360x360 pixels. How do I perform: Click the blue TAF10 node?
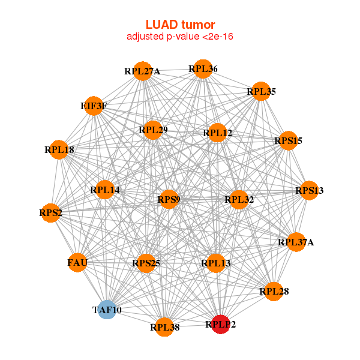click(107, 310)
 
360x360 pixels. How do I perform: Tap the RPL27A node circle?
click(142, 71)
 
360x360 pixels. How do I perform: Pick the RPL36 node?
click(203, 69)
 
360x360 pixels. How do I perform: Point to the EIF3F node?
click(94, 106)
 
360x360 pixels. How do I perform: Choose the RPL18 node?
click(59, 149)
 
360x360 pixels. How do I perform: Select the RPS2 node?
click(50, 212)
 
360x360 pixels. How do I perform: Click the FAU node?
click(77, 262)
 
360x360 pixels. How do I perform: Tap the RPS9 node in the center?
click(169, 199)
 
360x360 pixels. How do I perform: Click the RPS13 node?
click(309, 191)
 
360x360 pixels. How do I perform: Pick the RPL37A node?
click(296, 242)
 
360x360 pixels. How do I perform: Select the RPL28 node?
click(274, 292)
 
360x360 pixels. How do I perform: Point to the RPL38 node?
click(164, 327)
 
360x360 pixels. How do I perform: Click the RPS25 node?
click(146, 263)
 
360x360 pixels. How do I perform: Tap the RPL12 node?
click(217, 133)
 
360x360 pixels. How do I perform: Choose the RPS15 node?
click(288, 141)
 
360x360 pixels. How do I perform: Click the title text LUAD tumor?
click(180, 25)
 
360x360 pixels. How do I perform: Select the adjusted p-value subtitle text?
click(180, 37)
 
